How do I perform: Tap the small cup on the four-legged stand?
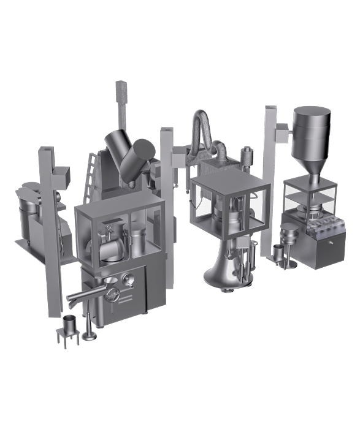click(70, 322)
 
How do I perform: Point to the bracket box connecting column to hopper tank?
click(281, 129)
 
